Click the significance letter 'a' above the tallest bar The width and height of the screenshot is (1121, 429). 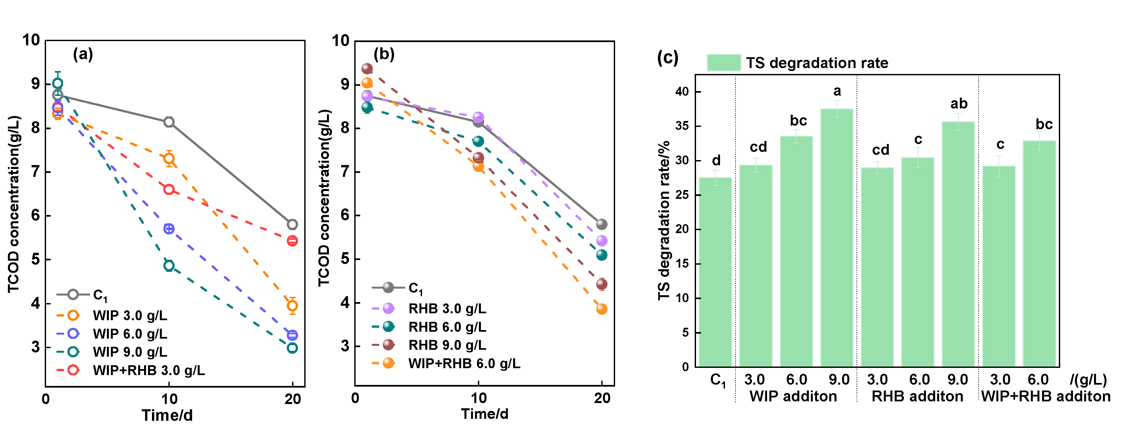837,91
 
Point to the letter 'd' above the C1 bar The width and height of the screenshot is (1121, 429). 716,161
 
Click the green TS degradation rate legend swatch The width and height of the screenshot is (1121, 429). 724,63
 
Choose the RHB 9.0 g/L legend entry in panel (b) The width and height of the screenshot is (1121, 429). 447,345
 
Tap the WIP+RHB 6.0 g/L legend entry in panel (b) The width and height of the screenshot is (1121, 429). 464,363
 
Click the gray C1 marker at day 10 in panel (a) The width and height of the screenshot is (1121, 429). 169,122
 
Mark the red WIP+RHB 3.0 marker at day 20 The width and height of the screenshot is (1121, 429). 292,241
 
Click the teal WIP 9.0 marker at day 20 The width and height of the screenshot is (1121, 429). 292,348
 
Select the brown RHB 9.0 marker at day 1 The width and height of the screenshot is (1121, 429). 367,68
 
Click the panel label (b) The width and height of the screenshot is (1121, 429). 384,54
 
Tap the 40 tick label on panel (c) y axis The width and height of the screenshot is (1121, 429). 682,92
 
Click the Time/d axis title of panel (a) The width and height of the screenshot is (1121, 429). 167,416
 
